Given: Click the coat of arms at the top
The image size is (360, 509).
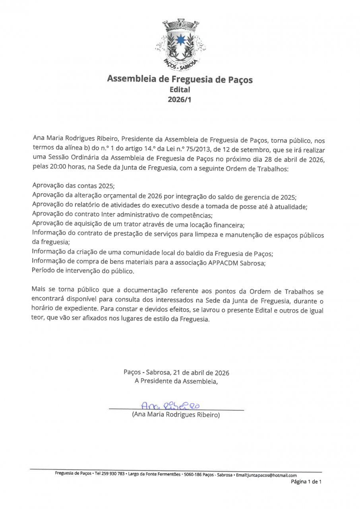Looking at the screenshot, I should coord(180,44).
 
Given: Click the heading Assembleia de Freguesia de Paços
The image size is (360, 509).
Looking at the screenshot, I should coord(180,79).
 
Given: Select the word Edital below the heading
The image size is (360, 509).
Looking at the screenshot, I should coord(180,90).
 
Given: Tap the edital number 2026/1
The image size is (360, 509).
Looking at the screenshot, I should coord(180,100).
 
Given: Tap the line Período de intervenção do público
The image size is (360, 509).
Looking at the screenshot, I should coord(83,272).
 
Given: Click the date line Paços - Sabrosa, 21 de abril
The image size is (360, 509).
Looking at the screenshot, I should coord(176,373).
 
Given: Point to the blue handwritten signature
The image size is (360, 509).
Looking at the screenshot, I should coord(170,406).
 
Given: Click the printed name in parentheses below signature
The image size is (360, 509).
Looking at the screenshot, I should coord(176,415).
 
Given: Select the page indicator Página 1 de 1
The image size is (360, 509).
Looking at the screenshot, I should coord(306,482).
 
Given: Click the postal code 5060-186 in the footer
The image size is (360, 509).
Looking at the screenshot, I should coord(193,475).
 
